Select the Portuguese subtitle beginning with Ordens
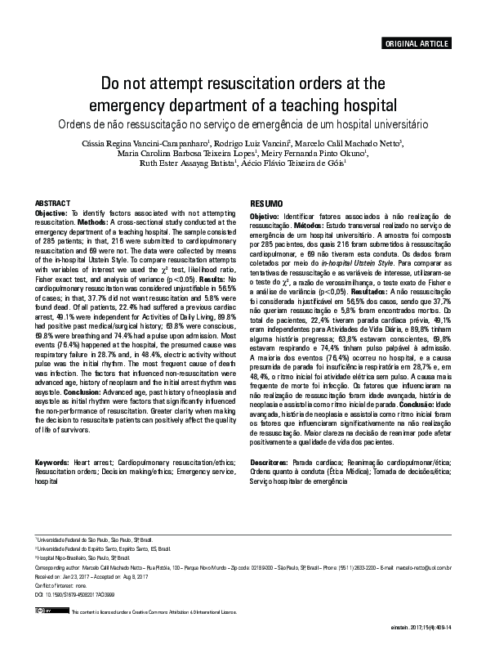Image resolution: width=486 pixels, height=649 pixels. (243, 125)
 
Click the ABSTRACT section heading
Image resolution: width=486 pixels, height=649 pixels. (52, 202)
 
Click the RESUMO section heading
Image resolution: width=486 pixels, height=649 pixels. (266, 203)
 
